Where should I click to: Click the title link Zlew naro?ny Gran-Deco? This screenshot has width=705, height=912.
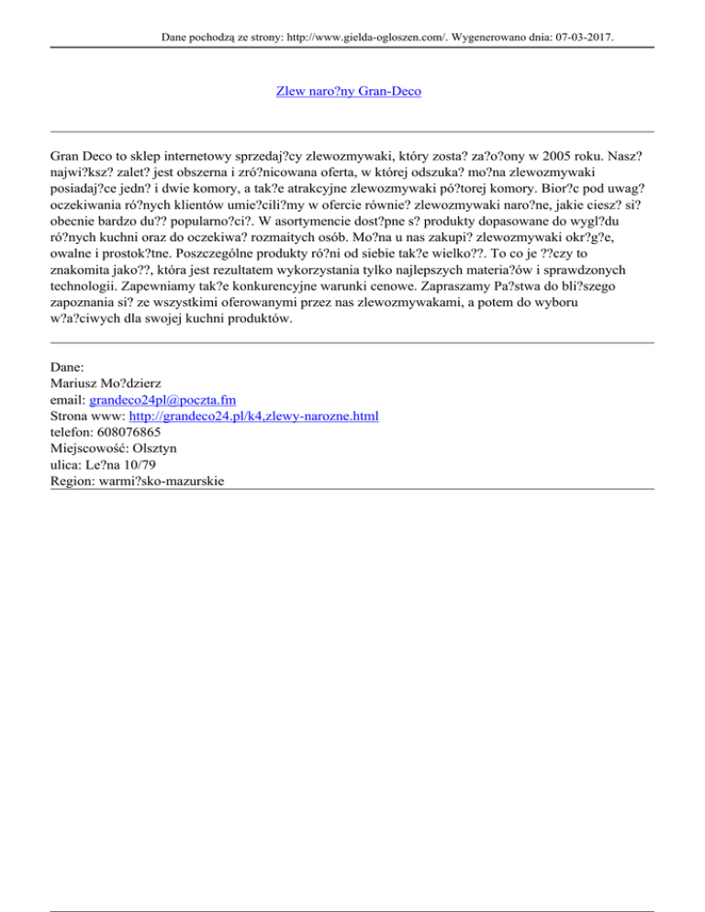[349, 92]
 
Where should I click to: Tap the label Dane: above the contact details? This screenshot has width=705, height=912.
[68, 367]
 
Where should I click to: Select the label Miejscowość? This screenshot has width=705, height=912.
[91, 450]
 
